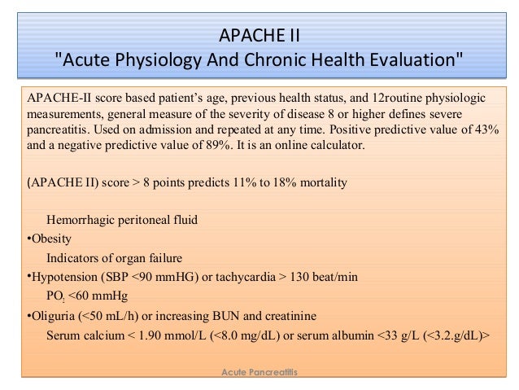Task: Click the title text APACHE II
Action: (x=259, y=36)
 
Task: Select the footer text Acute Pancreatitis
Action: (x=260, y=371)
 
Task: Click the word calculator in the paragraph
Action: (x=337, y=145)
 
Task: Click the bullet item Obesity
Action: (x=51, y=239)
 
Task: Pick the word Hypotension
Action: (x=68, y=276)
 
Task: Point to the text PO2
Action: (x=55, y=296)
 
